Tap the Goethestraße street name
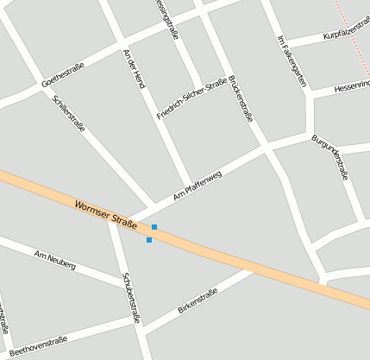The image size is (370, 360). tap(62, 73)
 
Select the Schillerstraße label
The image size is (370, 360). tap(69, 111)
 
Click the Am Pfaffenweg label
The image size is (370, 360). tap(198, 186)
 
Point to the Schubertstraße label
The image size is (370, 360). tap(131, 298)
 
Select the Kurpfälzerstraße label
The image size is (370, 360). tap(347, 35)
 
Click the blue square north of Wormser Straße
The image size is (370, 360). tap(154, 226)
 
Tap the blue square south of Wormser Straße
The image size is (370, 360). tap(149, 240)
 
